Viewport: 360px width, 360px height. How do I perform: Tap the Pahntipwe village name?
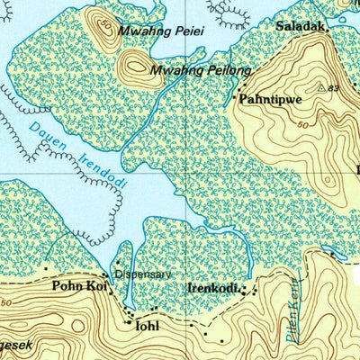[x=267, y=101]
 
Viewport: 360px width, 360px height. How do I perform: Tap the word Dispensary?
[x=141, y=275]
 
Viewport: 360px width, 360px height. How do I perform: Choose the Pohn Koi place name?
[x=80, y=286]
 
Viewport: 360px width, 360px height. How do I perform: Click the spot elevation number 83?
[x=334, y=88]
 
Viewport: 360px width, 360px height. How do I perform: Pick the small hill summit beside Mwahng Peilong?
[x=135, y=63]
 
